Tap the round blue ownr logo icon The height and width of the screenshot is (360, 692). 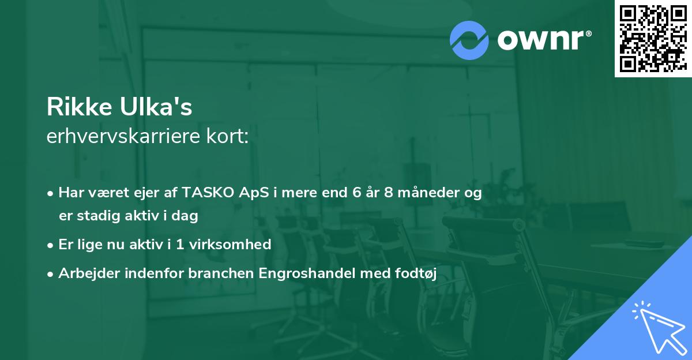[469, 40]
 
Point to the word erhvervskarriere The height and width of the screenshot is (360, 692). [122, 137]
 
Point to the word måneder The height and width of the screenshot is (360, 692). [428, 193]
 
